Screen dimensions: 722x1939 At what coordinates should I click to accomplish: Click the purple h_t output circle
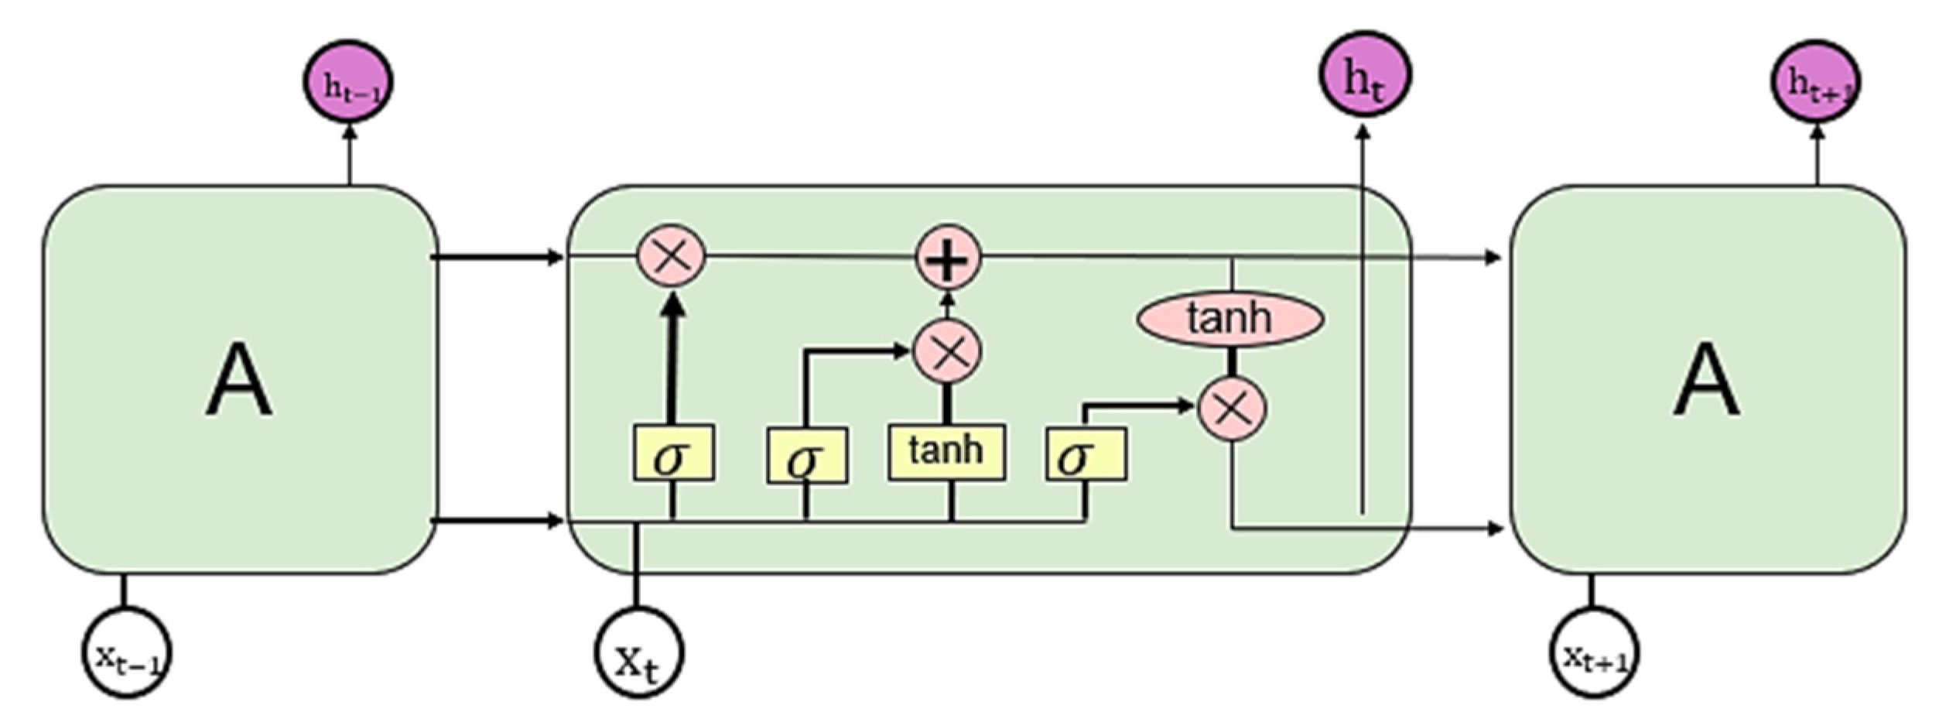point(1365,74)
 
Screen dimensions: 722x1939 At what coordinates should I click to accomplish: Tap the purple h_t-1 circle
point(348,82)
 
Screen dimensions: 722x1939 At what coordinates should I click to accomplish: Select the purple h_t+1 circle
point(1815,82)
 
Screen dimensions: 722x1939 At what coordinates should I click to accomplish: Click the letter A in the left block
point(238,381)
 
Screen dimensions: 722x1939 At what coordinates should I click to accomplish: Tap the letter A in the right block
point(1707,381)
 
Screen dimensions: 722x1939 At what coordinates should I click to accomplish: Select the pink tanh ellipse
point(1230,318)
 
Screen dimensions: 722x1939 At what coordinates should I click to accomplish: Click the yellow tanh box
point(946,452)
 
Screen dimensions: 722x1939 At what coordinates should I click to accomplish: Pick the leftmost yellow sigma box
point(672,453)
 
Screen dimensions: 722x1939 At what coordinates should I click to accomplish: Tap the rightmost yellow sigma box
point(1085,455)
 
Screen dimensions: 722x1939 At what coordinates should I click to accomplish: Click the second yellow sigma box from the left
point(806,457)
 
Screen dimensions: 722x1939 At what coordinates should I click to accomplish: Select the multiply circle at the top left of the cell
point(671,255)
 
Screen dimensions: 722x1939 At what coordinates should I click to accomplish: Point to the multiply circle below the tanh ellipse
point(1232,408)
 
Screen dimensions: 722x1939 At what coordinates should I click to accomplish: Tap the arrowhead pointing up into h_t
point(1364,133)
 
